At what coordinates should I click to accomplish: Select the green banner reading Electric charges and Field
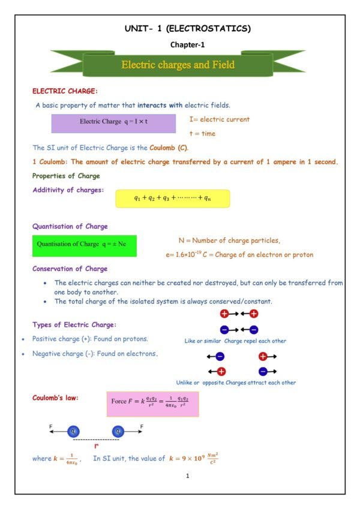click(178, 64)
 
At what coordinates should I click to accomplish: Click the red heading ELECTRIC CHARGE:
click(64, 91)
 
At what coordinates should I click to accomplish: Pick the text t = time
click(202, 134)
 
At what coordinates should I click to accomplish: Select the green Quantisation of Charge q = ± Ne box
click(84, 245)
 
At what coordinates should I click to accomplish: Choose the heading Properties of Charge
click(66, 176)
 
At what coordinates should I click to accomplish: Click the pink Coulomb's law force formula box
click(152, 403)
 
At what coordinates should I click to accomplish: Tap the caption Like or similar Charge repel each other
click(235, 341)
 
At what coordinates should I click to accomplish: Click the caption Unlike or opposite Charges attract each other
click(236, 382)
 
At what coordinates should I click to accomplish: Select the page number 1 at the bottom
click(188, 476)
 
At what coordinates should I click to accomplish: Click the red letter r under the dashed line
click(96, 447)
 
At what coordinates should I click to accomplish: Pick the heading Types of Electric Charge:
click(74, 324)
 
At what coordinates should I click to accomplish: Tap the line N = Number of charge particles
click(230, 240)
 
